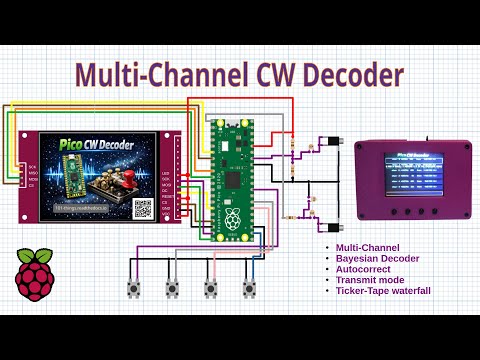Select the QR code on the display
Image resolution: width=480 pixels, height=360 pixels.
point(143,208)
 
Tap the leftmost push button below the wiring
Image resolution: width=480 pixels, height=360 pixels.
point(132,289)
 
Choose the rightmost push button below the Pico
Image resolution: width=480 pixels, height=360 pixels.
point(249,289)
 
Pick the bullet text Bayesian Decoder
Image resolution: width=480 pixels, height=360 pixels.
point(372,258)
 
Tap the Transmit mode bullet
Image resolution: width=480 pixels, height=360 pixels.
point(368,280)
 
